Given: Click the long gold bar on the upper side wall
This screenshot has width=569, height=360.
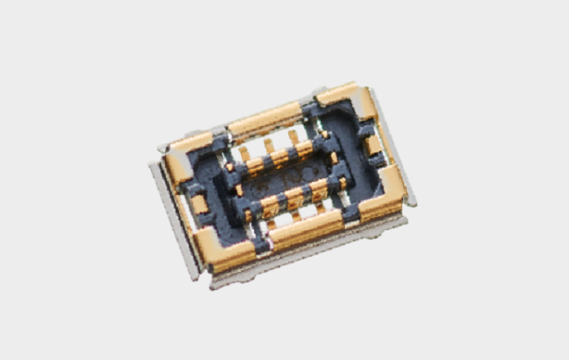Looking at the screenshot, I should pyautogui.click(x=266, y=122).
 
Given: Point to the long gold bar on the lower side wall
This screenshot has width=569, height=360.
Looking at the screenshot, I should pyautogui.click(x=305, y=227).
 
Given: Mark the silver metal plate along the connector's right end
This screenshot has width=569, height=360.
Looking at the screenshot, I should pyautogui.click(x=394, y=142).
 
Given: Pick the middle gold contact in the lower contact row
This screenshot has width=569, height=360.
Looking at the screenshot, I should pyautogui.click(x=294, y=197).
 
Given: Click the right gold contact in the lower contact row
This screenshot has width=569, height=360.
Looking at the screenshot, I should pyautogui.click(x=318, y=189).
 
